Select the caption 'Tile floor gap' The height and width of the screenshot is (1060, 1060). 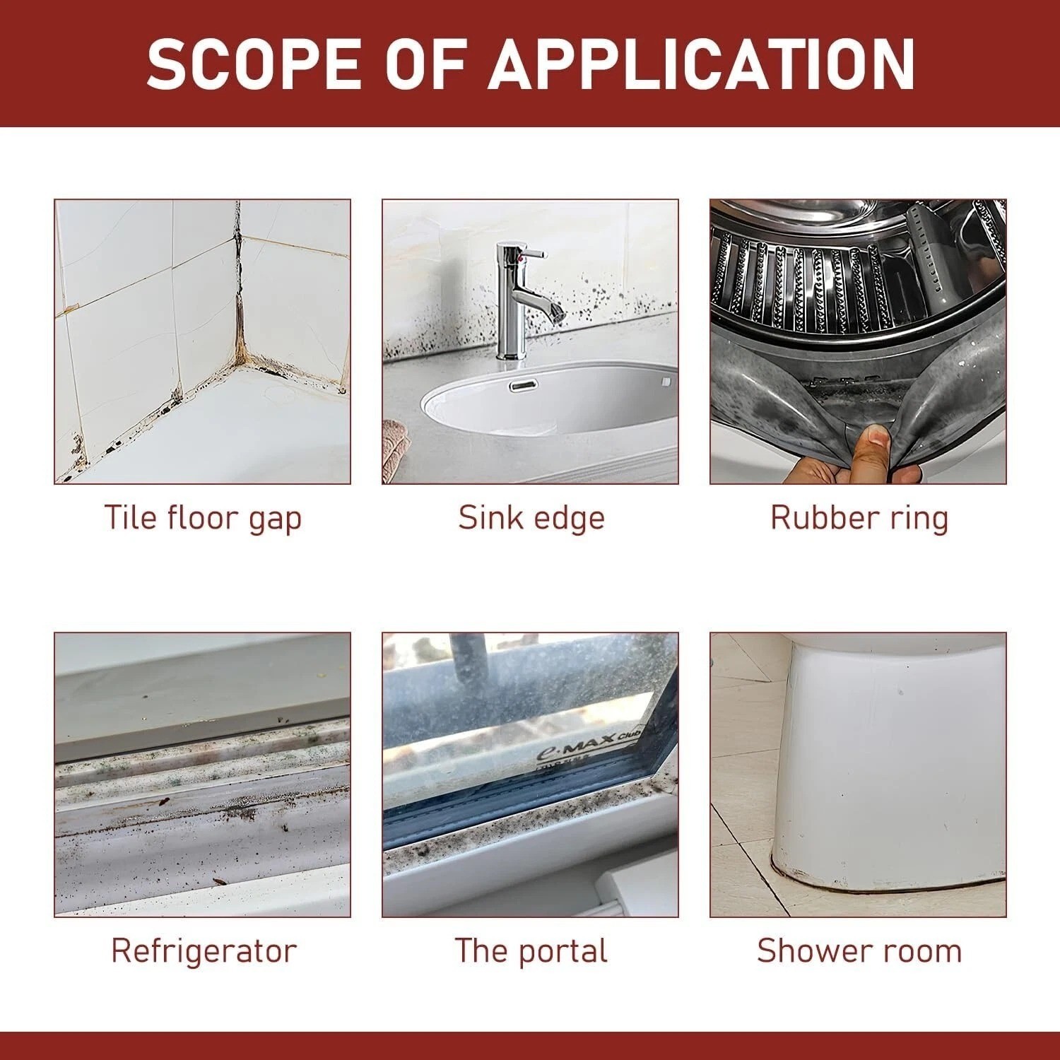coord(203,518)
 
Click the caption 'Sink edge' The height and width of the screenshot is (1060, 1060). coord(531,517)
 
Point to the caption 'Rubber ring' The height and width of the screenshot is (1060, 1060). coord(859,518)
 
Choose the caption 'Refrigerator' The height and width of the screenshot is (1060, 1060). coord(204,950)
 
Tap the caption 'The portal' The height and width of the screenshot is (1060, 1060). coord(531,950)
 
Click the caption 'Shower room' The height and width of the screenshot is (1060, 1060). coord(859,950)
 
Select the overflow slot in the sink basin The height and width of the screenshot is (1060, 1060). coord(523,384)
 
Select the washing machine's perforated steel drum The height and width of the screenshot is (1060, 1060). coord(859,283)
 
